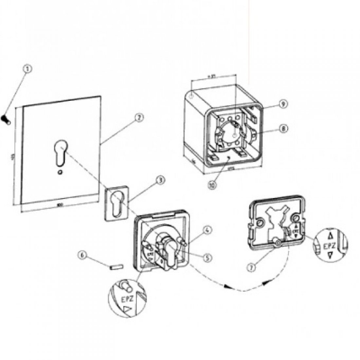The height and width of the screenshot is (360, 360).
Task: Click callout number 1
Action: coord(28,69)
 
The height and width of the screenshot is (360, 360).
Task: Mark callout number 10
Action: coord(213,185)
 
